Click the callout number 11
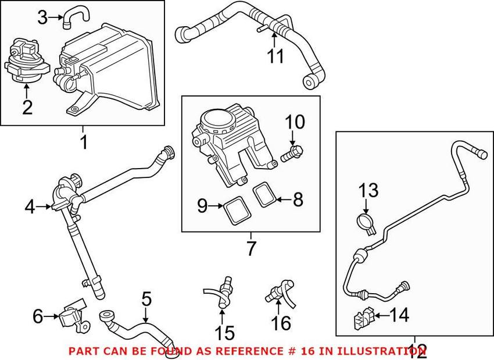point(275,57)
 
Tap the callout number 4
point(30,205)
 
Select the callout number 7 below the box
point(250,248)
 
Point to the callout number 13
point(368,190)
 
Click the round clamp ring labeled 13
point(365,223)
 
